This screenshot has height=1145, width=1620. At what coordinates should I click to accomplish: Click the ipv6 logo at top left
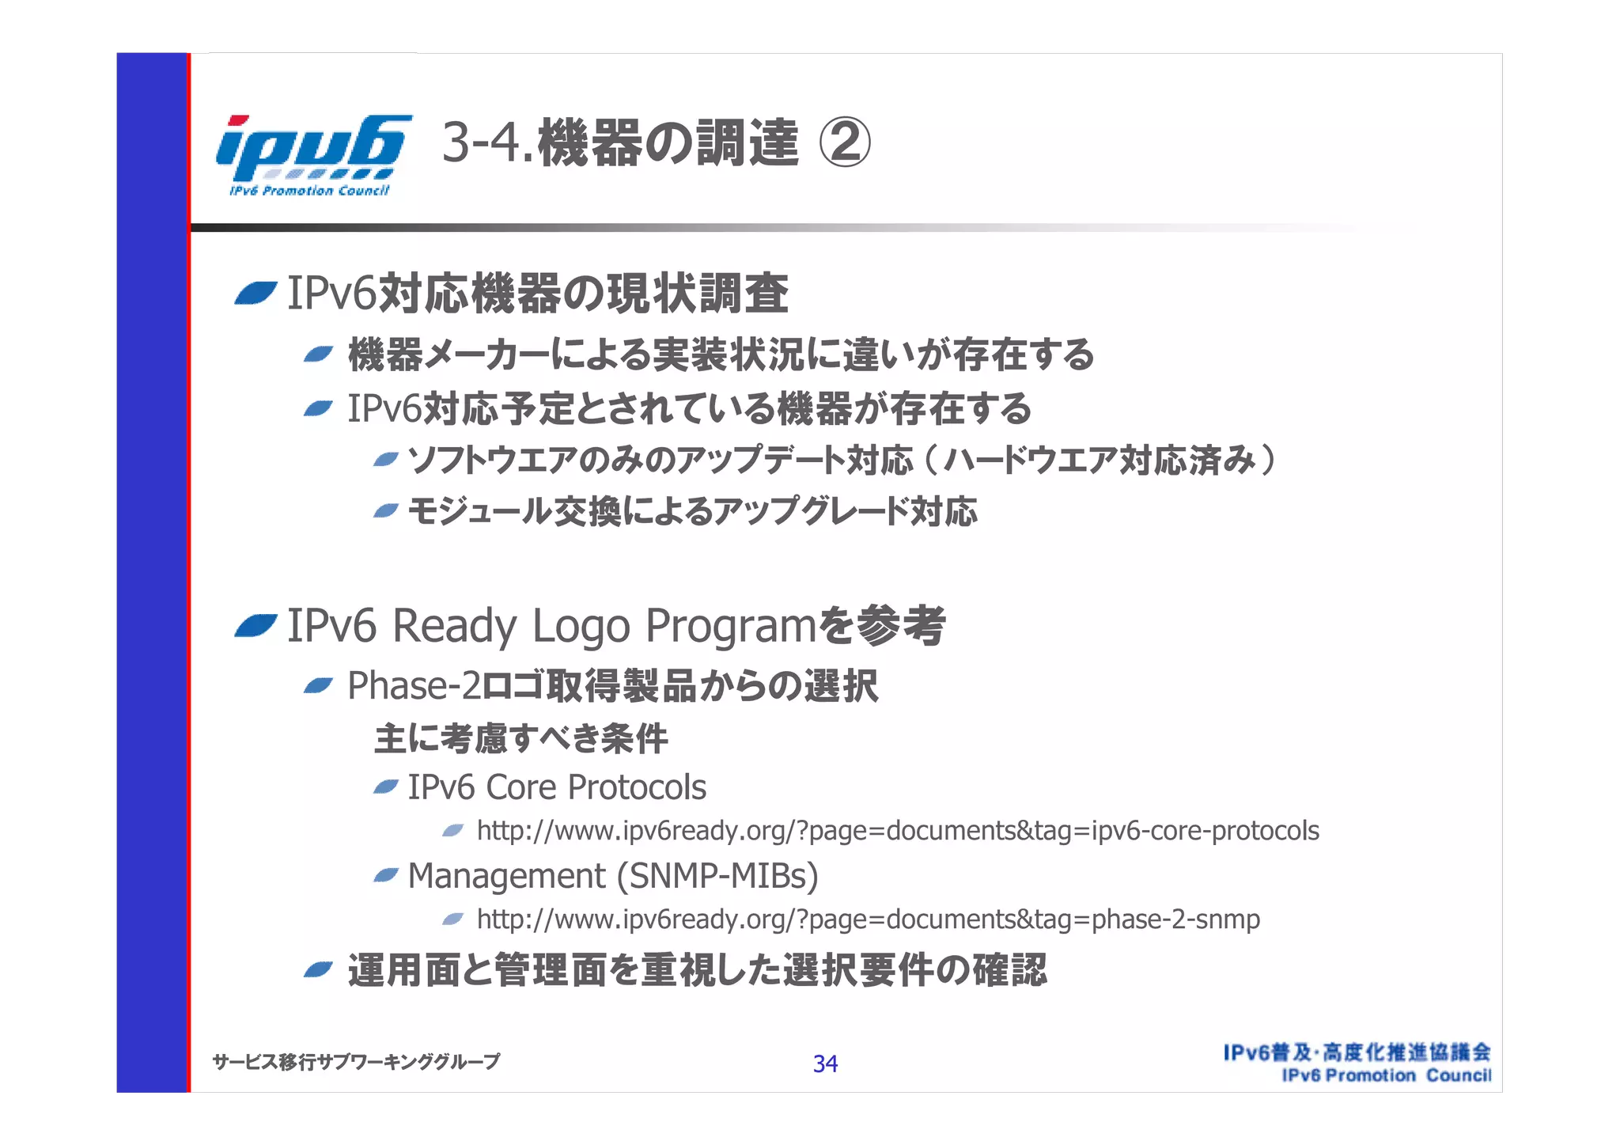click(312, 154)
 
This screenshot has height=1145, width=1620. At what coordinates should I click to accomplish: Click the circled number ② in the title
click(844, 144)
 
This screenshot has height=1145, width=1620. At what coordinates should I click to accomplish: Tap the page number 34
click(825, 1063)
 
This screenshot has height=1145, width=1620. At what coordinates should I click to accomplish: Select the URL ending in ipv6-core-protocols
click(898, 831)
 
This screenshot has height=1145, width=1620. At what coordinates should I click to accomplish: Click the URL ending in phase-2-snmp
click(868, 919)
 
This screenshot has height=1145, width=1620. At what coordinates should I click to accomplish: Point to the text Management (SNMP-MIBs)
click(613, 876)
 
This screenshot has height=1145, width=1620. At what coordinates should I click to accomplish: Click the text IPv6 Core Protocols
click(557, 787)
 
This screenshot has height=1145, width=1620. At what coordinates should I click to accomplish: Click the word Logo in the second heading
click(581, 627)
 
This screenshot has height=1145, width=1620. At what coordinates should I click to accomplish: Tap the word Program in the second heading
click(730, 627)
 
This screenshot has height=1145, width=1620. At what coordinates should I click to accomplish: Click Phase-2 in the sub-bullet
click(414, 686)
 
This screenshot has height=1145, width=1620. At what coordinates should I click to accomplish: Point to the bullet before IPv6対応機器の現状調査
click(255, 294)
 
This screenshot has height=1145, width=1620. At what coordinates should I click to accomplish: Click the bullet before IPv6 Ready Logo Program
click(255, 627)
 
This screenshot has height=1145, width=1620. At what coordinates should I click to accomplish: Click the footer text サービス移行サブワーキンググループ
click(356, 1062)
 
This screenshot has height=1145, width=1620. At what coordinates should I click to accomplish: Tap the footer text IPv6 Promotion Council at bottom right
click(1386, 1075)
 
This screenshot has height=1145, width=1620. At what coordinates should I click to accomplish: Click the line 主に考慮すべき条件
click(520, 739)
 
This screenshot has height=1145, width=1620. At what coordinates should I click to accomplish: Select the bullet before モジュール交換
click(385, 512)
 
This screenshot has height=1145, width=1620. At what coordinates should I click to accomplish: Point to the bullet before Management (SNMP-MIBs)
click(385, 875)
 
